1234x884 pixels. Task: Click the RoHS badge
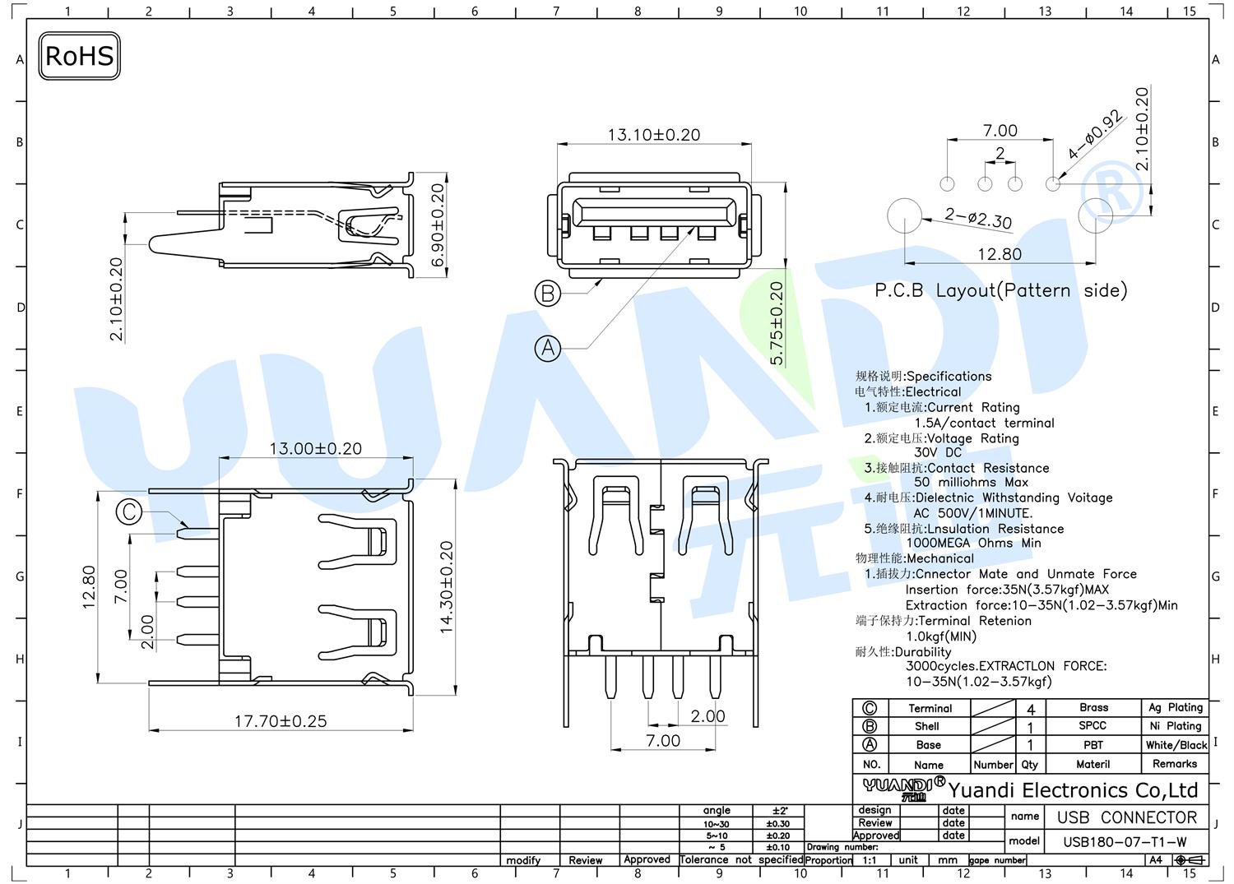click(x=79, y=56)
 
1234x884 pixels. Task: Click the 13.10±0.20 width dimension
click(x=654, y=135)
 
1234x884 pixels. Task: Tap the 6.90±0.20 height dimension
click(x=437, y=225)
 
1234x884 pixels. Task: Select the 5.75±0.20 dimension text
click(x=776, y=323)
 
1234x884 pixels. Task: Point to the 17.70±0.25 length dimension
click(x=281, y=721)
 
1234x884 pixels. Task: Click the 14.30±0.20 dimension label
click(x=446, y=588)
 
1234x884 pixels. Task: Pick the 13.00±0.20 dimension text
click(x=316, y=448)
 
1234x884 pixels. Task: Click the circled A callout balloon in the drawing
click(x=548, y=348)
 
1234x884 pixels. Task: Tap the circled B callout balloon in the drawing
click(x=548, y=293)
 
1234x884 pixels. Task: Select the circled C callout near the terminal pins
click(x=129, y=511)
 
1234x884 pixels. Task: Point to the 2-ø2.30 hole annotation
click(x=978, y=218)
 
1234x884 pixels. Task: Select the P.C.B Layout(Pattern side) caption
click(x=1001, y=290)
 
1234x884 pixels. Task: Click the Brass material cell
click(x=1093, y=707)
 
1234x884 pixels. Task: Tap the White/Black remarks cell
click(x=1176, y=745)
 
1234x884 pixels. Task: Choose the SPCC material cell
click(x=1093, y=725)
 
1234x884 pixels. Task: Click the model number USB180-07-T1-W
click(x=1125, y=842)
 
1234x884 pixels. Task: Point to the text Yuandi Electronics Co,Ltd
click(x=1073, y=790)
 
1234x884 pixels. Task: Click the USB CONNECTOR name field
click(x=1127, y=817)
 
